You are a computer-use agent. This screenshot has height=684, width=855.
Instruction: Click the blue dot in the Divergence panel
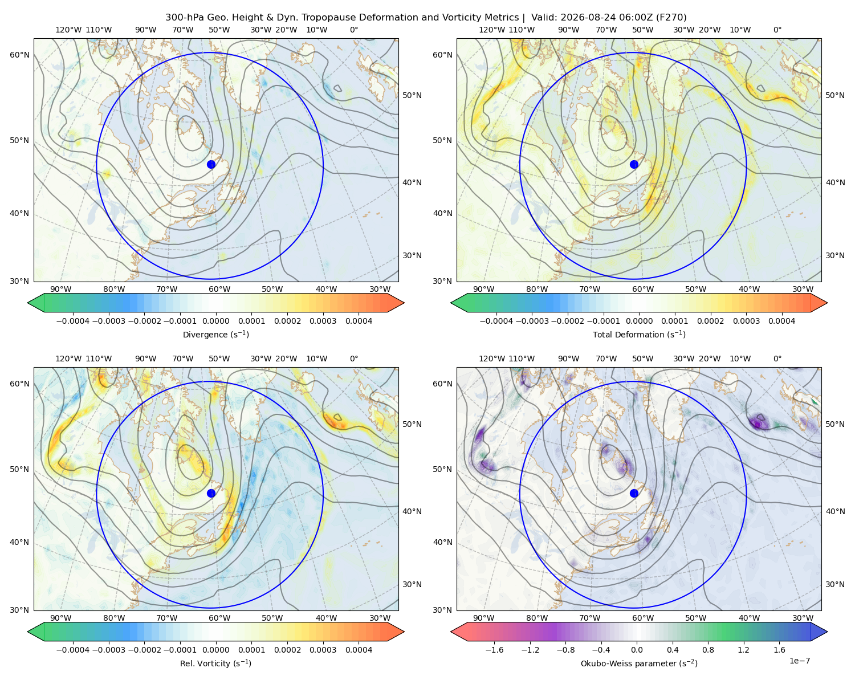(211, 165)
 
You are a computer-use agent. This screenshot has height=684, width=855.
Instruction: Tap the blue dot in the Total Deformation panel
(634, 165)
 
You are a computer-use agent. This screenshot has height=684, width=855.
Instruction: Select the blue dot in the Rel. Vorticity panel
(211, 493)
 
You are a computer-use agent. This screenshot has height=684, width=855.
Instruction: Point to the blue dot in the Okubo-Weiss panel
(634, 493)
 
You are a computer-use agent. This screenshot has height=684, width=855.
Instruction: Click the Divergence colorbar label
(215, 335)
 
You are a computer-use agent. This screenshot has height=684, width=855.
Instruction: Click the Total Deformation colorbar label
(639, 335)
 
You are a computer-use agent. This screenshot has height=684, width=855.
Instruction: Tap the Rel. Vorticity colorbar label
(215, 663)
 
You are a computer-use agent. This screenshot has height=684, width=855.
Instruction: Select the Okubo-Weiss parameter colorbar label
(639, 663)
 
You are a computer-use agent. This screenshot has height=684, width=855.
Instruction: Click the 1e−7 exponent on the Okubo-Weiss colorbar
(799, 661)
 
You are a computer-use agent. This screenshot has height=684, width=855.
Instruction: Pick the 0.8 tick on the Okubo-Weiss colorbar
(708, 650)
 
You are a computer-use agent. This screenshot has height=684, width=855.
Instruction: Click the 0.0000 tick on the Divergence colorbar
(215, 321)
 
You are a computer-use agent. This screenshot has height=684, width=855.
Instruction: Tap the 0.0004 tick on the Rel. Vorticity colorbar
(359, 650)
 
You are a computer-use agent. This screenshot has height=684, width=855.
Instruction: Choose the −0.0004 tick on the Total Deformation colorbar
(496, 321)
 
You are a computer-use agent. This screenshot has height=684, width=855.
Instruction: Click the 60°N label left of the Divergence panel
(19, 55)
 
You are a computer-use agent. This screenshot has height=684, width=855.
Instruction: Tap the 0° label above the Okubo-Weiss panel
(777, 359)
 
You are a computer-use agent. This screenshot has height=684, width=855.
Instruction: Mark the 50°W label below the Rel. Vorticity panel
(272, 618)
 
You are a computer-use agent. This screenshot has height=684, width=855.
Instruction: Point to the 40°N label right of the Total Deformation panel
(835, 182)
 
